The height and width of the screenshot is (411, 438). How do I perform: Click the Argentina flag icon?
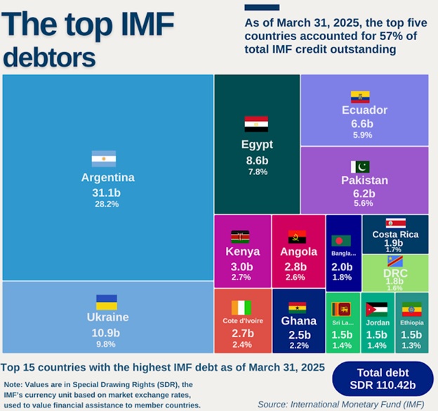(103, 158)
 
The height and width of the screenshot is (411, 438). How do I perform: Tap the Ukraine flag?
(107, 302)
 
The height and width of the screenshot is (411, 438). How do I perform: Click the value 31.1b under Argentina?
(107, 191)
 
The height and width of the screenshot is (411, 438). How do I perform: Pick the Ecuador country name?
(364, 110)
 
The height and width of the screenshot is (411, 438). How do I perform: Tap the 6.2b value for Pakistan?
(364, 193)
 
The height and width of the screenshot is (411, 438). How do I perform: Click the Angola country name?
(298, 252)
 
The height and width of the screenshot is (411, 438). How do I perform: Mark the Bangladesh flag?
(343, 240)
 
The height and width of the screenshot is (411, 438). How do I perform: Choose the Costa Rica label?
(395, 234)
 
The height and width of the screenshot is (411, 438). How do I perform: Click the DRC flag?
(395, 261)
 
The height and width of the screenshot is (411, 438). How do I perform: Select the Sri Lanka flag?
(343, 308)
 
